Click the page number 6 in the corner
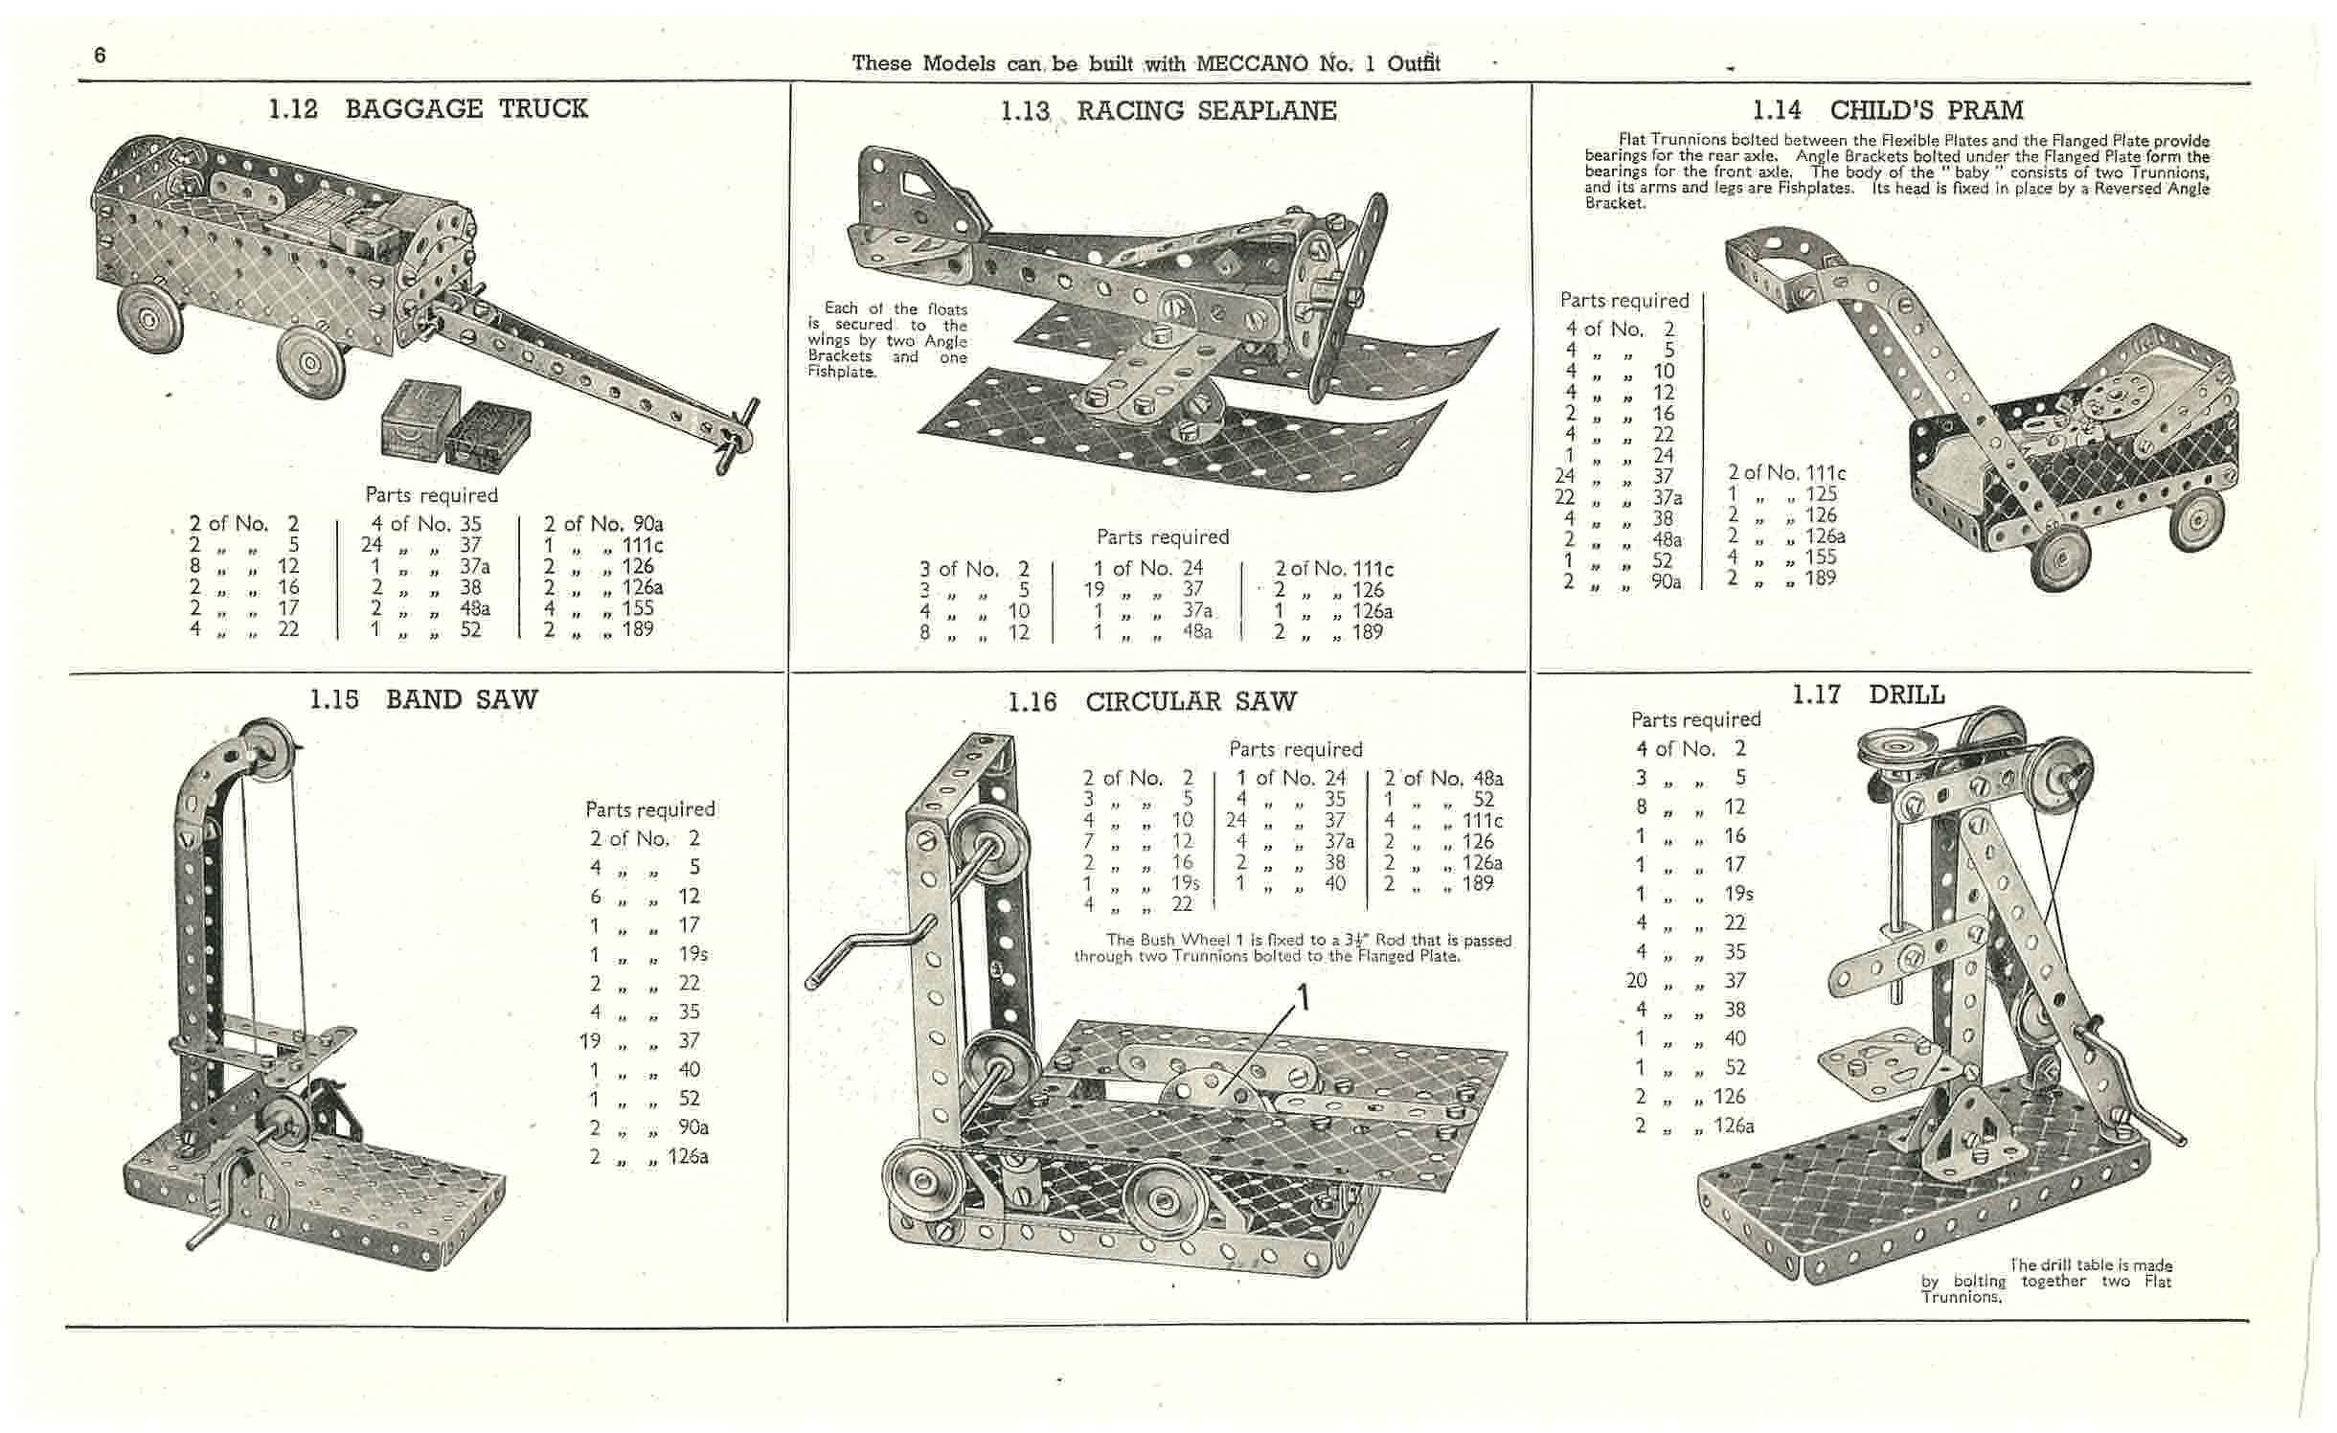tap(100, 56)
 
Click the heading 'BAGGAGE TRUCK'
tap(465, 108)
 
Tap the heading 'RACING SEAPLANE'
tap(1206, 111)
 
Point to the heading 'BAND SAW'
tap(462, 699)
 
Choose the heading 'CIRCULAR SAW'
tap(1191, 702)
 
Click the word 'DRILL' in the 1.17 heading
tap(1906, 694)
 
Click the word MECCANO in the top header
tap(1252, 64)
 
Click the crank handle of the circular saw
tap(867, 953)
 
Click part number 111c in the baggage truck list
tap(643, 545)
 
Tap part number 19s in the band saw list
tap(693, 954)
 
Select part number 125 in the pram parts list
tap(1821, 493)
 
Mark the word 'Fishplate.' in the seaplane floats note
tap(841, 372)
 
